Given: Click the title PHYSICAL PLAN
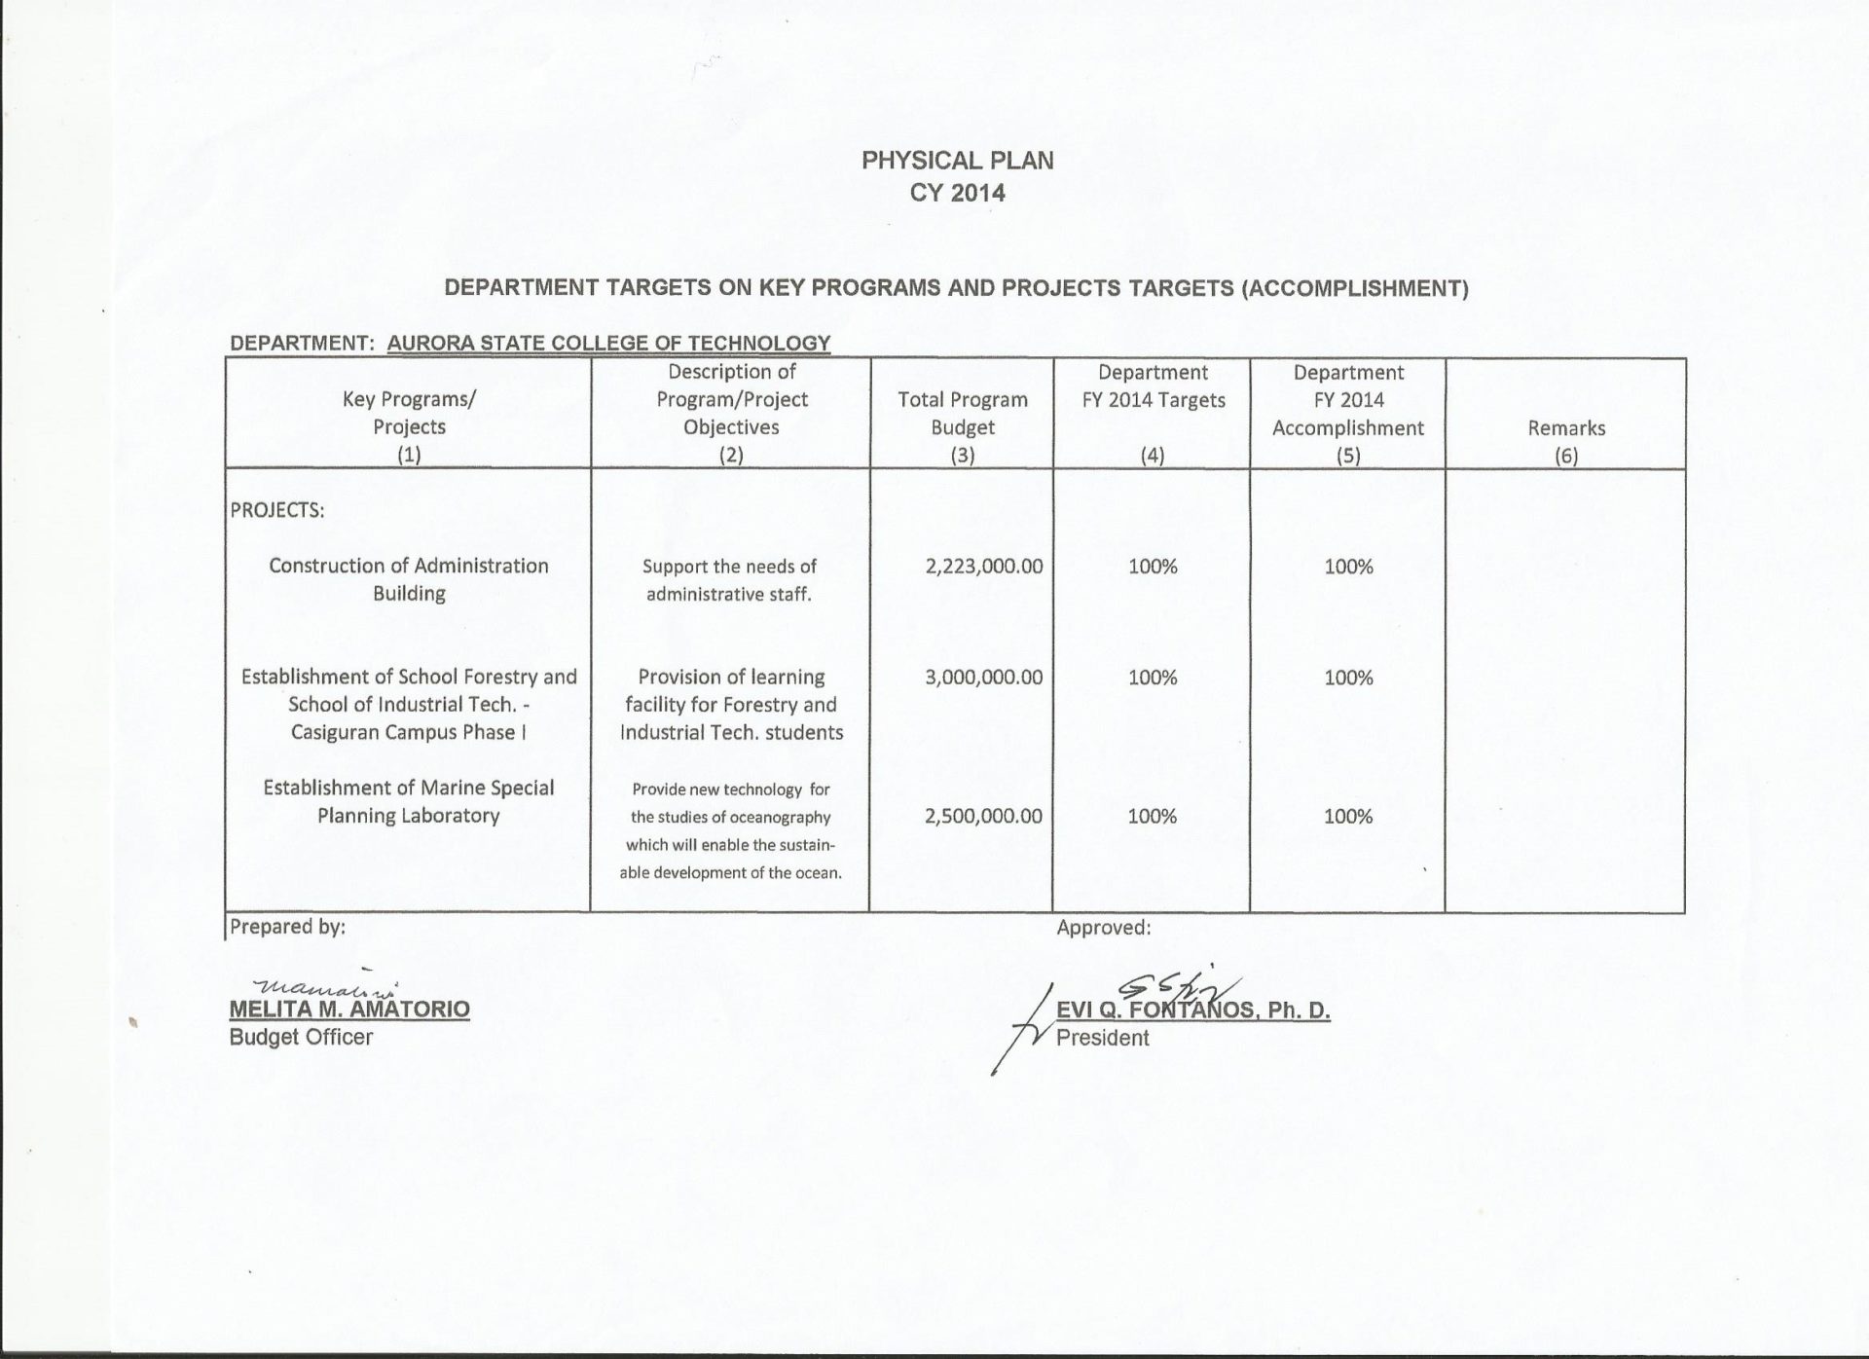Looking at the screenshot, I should pyautogui.click(x=957, y=161).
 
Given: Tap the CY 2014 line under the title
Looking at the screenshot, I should pyautogui.click(x=957, y=193).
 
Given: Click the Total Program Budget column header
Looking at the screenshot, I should pyautogui.click(x=962, y=413).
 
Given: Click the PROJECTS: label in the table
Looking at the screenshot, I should pyautogui.click(x=277, y=511).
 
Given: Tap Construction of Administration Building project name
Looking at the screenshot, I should pyautogui.click(x=409, y=579).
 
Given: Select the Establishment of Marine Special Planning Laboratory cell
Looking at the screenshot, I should pyautogui.click(x=409, y=801).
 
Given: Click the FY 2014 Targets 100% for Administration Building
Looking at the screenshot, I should pyautogui.click(x=1153, y=567).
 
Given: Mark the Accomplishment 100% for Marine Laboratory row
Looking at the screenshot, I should pyautogui.click(x=1348, y=817).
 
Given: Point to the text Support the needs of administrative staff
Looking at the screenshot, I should pyautogui.click(x=729, y=580).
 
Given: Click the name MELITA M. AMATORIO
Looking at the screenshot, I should pyautogui.click(x=349, y=1010).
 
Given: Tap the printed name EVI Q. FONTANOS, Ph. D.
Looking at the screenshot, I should pyautogui.click(x=1193, y=1011).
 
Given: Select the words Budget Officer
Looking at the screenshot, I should pyautogui.click(x=301, y=1038).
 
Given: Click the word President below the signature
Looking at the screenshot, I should pyautogui.click(x=1102, y=1039).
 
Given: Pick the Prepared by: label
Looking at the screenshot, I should pyautogui.click(x=287, y=927).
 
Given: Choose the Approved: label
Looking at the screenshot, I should pyautogui.click(x=1104, y=928).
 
